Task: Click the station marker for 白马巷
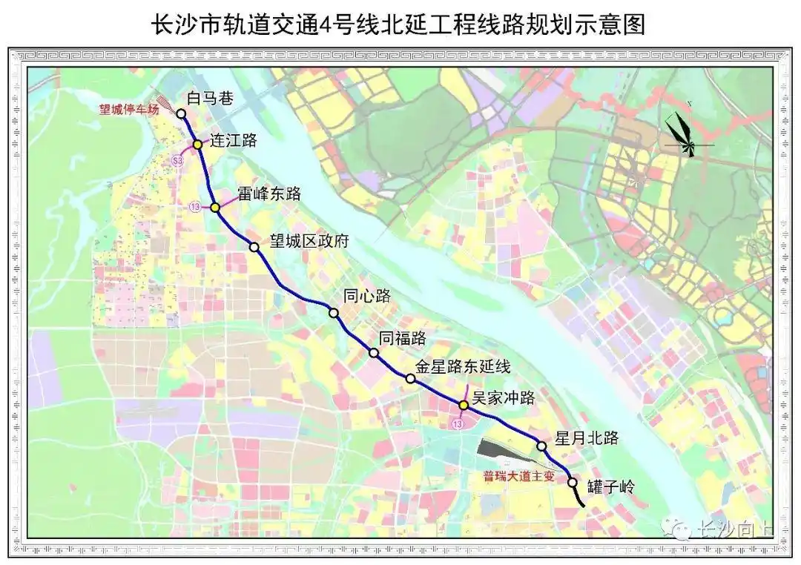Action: pyautogui.click(x=181, y=114)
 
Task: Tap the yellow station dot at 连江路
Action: pyautogui.click(x=198, y=145)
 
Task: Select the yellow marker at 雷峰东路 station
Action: pyautogui.click(x=215, y=208)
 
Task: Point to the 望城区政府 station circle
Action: pyautogui.click(x=254, y=247)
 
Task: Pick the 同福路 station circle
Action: pyautogui.click(x=375, y=353)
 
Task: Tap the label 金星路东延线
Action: pyautogui.click(x=463, y=366)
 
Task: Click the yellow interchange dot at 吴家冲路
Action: pyautogui.click(x=464, y=406)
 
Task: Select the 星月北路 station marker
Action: pyautogui.click(x=542, y=446)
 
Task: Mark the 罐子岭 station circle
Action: pyautogui.click(x=573, y=482)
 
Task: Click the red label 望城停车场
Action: pyautogui.click(x=130, y=109)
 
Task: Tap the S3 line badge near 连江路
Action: pyautogui.click(x=177, y=160)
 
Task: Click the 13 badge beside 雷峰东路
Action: pyautogui.click(x=195, y=205)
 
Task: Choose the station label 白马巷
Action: pyautogui.click(x=211, y=98)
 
